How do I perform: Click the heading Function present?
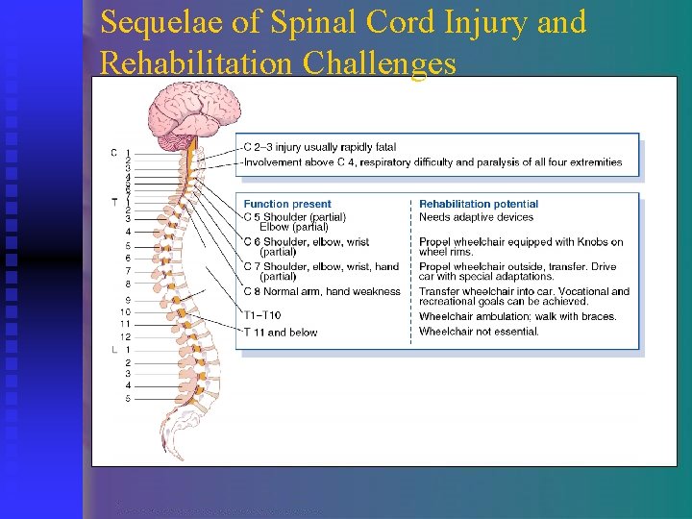point(287,204)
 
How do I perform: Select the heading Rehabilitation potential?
point(479,204)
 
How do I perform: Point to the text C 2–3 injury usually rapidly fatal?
point(319,147)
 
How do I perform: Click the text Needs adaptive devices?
point(476,217)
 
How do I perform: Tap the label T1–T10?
point(262,316)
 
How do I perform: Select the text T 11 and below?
point(280,333)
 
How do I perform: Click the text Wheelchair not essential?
point(479,333)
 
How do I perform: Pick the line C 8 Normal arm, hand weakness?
point(322,291)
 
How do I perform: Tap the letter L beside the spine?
point(113,350)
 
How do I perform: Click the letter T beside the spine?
point(113,201)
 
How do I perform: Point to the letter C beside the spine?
point(113,153)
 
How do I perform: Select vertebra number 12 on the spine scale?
point(125,337)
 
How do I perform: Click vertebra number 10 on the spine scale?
point(125,312)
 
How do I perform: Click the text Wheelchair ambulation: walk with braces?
point(517,316)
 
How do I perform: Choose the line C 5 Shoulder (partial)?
point(294,217)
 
